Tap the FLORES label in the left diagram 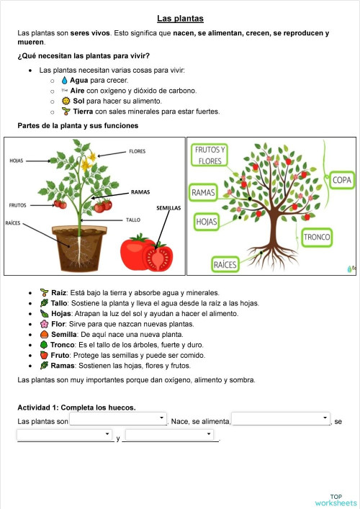click(x=138, y=151)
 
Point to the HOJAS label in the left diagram click(x=17, y=161)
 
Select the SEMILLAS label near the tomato click(x=168, y=208)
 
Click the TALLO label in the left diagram click(x=133, y=220)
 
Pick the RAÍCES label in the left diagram click(x=13, y=222)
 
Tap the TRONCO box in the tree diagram click(x=317, y=236)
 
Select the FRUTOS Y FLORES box click(x=210, y=156)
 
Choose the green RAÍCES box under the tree click(x=225, y=266)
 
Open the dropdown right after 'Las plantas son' click(x=118, y=419)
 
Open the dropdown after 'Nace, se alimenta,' click(x=281, y=419)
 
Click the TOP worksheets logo click(x=336, y=500)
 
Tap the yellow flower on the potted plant click(x=89, y=164)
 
